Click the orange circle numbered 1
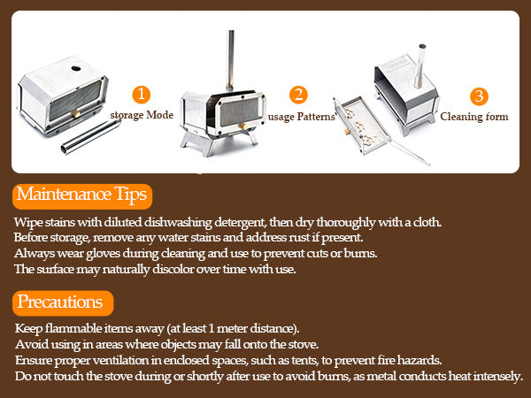pos(141,94)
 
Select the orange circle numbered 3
pos(478,96)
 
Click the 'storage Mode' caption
pos(142,115)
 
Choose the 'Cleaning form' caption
pos(473,117)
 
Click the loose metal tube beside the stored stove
pos(90,135)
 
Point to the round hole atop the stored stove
pos(76,67)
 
